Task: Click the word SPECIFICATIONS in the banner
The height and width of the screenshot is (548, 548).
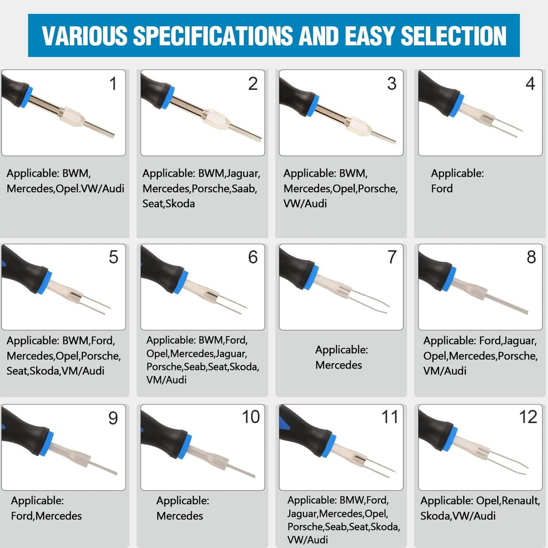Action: point(213,36)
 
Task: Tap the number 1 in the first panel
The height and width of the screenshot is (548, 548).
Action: point(113,84)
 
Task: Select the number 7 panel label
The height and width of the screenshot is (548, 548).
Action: point(392,257)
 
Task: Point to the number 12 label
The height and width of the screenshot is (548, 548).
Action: point(528,417)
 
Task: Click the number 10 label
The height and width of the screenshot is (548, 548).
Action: point(251,417)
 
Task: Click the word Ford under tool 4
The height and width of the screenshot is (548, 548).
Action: point(442,189)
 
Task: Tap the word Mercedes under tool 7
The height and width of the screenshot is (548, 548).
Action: point(338,365)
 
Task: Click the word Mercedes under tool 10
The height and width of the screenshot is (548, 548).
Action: point(180,516)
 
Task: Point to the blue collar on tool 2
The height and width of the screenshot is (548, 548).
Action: point(168,97)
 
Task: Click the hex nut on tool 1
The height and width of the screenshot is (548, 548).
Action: point(72,117)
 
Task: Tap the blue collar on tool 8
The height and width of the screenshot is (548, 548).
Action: point(449,279)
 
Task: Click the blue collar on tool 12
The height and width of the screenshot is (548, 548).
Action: point(450,438)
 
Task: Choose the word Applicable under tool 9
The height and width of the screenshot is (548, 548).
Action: point(37,501)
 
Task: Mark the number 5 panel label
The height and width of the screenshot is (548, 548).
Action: point(113,257)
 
